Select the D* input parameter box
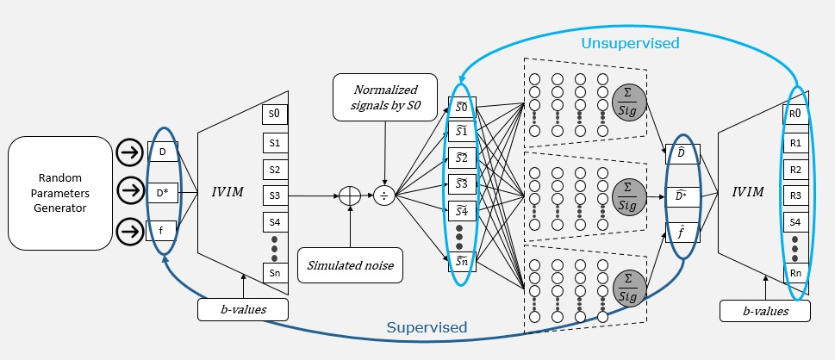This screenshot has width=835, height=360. click(x=165, y=192)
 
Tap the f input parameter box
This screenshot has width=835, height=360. click(x=165, y=230)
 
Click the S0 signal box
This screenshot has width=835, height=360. click(x=274, y=114)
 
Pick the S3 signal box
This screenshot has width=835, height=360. click(x=274, y=196)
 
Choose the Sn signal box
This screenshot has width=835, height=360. click(x=274, y=274)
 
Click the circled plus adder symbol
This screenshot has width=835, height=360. click(x=350, y=196)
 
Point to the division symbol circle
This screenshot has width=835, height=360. click(x=384, y=196)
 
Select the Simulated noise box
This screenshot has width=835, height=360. click(x=350, y=265)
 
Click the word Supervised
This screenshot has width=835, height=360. click(x=427, y=327)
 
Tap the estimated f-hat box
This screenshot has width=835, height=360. click(x=681, y=232)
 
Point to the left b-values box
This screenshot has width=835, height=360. click(x=242, y=309)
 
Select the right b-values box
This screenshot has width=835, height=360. click(x=764, y=309)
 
